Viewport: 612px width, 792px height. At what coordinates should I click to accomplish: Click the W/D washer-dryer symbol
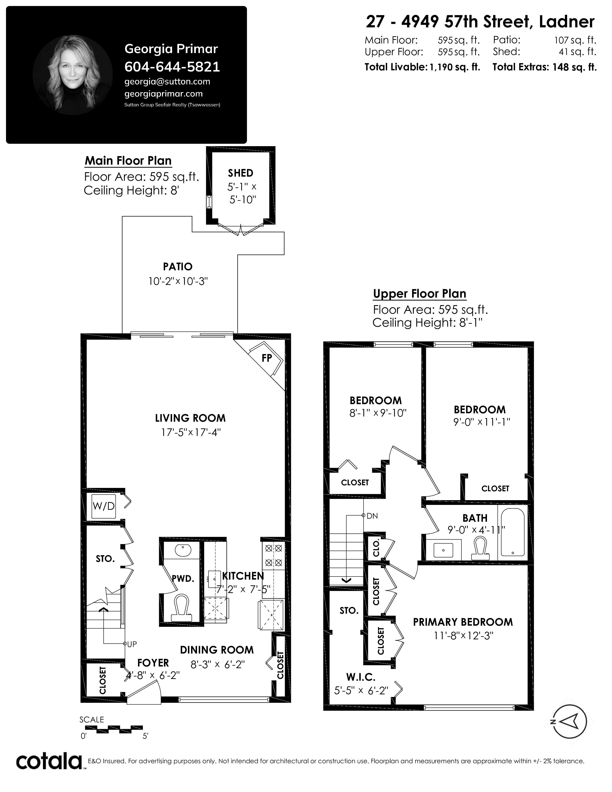pyautogui.click(x=104, y=506)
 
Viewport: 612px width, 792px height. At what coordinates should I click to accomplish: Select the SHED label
pyautogui.click(x=240, y=173)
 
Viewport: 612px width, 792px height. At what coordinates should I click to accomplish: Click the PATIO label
pyautogui.click(x=178, y=267)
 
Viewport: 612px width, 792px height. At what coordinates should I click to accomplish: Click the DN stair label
pyautogui.click(x=372, y=516)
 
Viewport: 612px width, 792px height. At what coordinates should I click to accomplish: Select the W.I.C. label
pyautogui.click(x=360, y=677)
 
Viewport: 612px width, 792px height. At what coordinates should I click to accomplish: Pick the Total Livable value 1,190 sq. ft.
pyautogui.click(x=455, y=67)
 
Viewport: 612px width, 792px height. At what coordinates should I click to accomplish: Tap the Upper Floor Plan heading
pyautogui.click(x=420, y=294)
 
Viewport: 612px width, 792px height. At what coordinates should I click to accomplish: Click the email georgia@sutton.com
pyautogui.click(x=167, y=82)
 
